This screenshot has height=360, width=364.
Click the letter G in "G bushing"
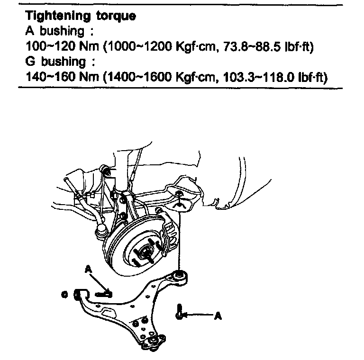coord(29,62)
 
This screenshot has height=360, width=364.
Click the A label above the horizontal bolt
coord(88,269)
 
